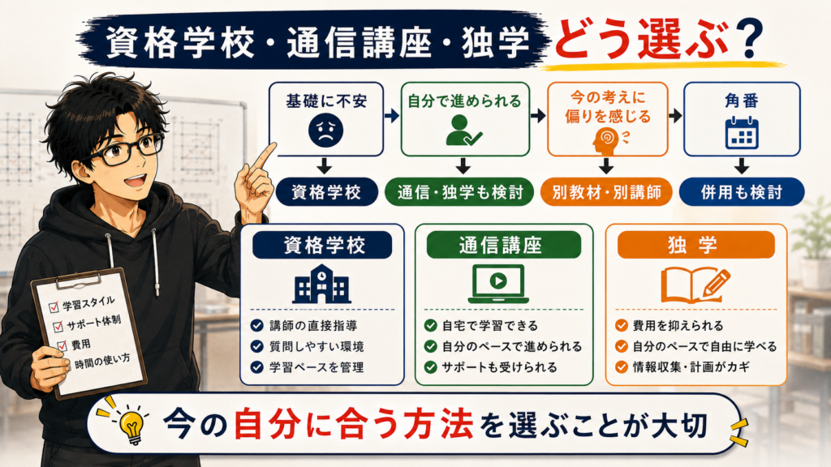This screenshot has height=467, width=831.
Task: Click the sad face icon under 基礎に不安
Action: pos(325,131)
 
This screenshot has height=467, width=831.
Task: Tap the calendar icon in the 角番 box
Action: pos(742,133)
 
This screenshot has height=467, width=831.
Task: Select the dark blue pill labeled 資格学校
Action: pos(326,191)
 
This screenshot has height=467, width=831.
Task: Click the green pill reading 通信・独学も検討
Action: pos(460,191)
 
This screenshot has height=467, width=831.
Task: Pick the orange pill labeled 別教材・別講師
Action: pos(606,191)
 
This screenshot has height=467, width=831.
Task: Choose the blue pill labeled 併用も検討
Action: pos(742,191)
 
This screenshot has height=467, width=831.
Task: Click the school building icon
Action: pos(321,284)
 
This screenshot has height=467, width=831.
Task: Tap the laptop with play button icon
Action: pos(497,284)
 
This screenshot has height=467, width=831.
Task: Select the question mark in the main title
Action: pos(749,39)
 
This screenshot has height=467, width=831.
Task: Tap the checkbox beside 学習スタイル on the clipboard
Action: pos(54,307)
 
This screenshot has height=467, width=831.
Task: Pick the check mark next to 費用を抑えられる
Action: pos(621,325)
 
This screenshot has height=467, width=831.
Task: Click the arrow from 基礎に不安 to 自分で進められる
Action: pos(392,115)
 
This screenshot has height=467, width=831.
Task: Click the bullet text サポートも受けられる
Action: pos(499,367)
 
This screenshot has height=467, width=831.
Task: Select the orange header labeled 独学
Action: pos(695,245)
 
